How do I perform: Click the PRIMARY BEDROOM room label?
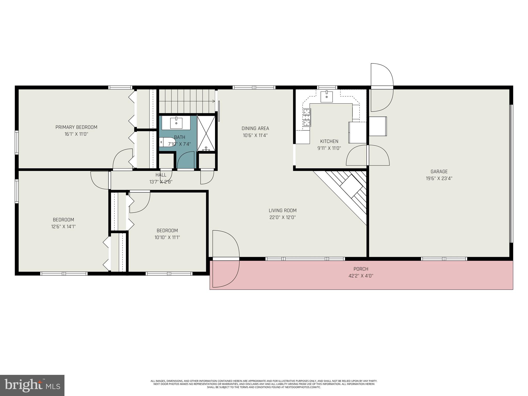click(x=76, y=127)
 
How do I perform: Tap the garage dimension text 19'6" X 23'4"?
click(x=439, y=178)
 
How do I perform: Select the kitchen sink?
click(x=326, y=97)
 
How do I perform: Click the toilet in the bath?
click(x=166, y=142)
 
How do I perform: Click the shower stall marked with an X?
click(x=206, y=133)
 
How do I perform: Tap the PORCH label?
click(x=361, y=269)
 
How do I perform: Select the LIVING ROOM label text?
click(x=283, y=210)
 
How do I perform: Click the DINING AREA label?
click(x=255, y=128)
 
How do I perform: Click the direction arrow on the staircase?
click(x=213, y=101)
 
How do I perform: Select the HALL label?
click(x=161, y=175)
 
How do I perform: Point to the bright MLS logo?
click(x=32, y=385)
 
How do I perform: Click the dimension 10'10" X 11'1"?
click(x=167, y=237)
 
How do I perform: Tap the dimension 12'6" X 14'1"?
click(x=63, y=227)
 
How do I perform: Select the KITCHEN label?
click(x=329, y=141)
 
